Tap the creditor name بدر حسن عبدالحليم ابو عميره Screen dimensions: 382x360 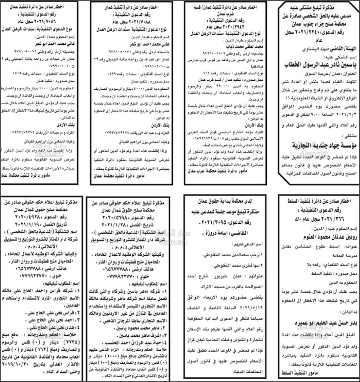tap(319, 322)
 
